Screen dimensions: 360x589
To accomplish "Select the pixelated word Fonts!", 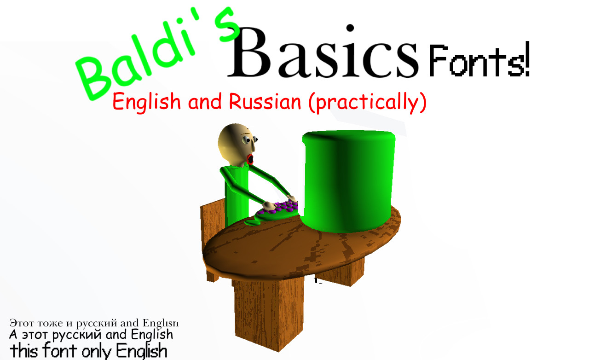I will pyautogui.click(x=479, y=61).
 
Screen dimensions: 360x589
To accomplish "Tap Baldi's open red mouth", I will pyautogui.click(x=250, y=160).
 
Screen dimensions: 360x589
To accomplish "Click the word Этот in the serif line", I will pyautogui.click(x=20, y=322).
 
